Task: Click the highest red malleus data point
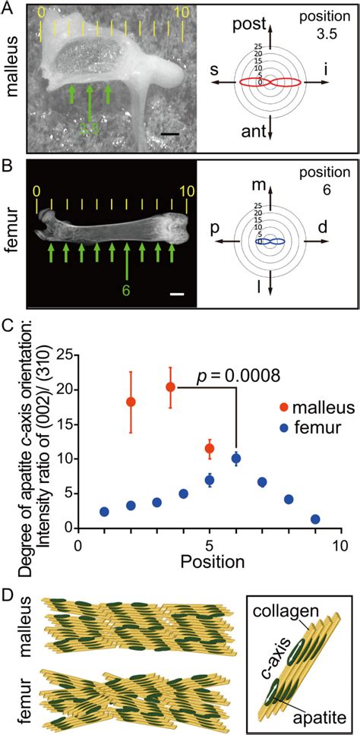click(x=170, y=387)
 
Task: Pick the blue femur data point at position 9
click(x=315, y=519)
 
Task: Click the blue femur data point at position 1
click(x=104, y=512)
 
